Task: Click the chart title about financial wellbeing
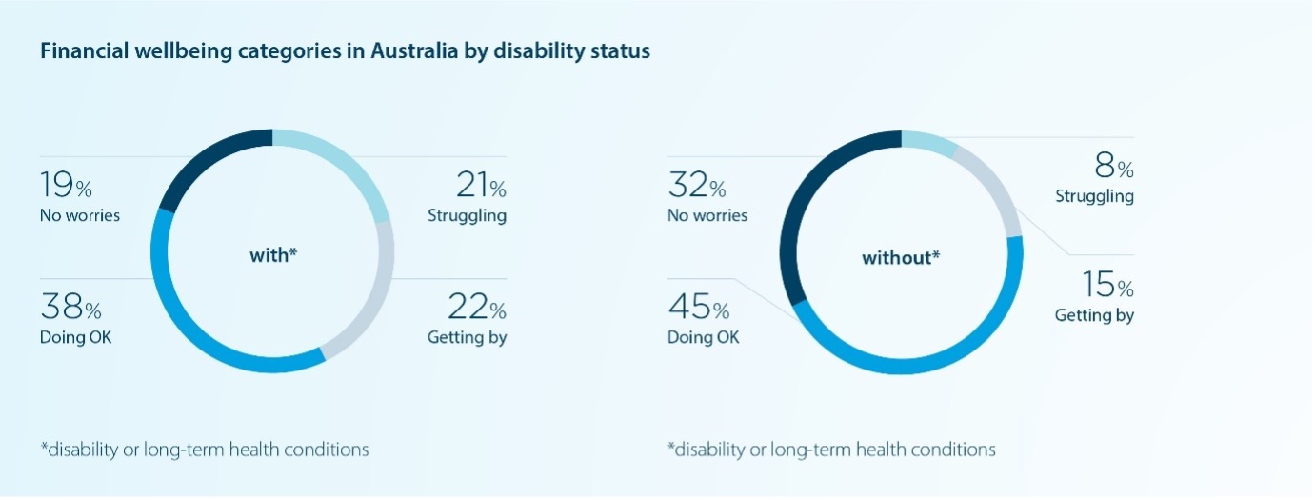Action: click(345, 51)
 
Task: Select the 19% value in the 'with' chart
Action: click(66, 183)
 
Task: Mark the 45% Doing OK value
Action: click(698, 309)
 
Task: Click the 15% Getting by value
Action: click(1107, 285)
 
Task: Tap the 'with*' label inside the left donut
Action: click(272, 255)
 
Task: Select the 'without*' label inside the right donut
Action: click(901, 257)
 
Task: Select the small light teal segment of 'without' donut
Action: click(929, 142)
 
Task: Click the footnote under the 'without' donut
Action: click(831, 449)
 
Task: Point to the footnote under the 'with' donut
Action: click(204, 449)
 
